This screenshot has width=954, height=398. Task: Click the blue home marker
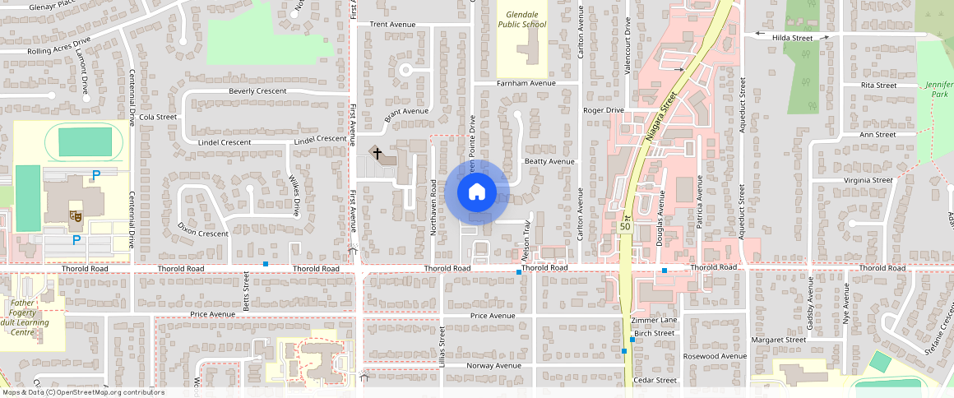point(476,192)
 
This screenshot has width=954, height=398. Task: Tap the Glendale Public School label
point(521,20)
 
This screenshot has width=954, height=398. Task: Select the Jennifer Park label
point(937,90)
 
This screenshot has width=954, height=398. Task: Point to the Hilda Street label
point(792,38)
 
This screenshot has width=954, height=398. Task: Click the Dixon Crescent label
point(202,234)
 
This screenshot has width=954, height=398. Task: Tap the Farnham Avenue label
point(526,83)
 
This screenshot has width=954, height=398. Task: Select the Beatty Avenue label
point(549,161)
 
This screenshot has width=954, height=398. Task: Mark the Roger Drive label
point(604,109)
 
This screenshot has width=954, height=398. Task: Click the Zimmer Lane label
point(654,319)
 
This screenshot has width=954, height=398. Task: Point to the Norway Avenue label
point(493,365)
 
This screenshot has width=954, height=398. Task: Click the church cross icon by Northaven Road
point(377,152)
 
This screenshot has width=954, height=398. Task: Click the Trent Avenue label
point(392,25)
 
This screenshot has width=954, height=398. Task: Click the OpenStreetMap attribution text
point(82,392)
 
